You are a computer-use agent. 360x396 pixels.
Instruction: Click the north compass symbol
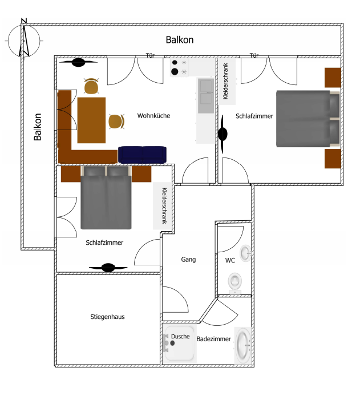point(24,41)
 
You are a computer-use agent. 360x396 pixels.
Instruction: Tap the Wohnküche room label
point(153,116)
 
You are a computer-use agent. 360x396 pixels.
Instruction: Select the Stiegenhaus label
point(108,317)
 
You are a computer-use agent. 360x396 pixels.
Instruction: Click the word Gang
point(188,260)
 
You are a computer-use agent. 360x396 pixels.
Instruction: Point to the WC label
point(230,260)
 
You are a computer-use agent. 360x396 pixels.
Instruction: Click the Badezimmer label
point(213,339)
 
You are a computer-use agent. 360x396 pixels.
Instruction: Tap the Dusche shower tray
point(180,344)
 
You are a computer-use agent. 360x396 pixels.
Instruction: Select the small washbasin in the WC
point(245,253)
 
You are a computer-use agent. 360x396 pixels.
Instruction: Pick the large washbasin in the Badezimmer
point(243,345)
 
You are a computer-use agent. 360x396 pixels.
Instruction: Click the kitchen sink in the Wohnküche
point(206,95)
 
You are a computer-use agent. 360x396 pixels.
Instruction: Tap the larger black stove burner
point(175,72)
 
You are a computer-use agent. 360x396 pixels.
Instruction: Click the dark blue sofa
point(143,155)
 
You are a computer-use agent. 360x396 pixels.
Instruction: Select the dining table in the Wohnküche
point(91,120)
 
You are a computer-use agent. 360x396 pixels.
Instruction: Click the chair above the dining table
point(91,86)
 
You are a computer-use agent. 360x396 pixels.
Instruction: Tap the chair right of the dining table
point(116,122)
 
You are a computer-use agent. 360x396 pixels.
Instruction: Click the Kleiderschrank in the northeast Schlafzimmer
point(227,82)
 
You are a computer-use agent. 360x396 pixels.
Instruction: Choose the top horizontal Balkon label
point(180,40)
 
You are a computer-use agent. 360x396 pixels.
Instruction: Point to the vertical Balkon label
point(38,127)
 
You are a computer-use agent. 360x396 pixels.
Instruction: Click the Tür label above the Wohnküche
point(150,55)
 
